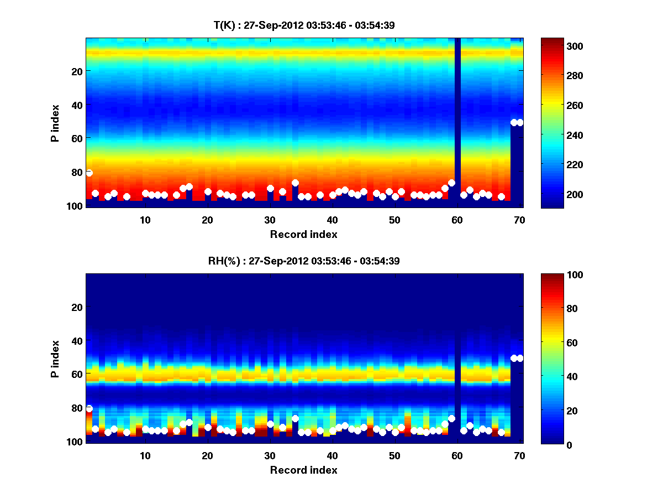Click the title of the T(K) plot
pyautogui.click(x=304, y=25)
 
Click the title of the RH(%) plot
pyautogui.click(x=304, y=261)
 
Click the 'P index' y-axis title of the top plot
pyautogui.click(x=55, y=123)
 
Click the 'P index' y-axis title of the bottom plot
pyautogui.click(x=55, y=359)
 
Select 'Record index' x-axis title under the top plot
pyautogui.click(x=304, y=234)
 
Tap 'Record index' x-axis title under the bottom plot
pyautogui.click(x=304, y=470)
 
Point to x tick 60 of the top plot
pyautogui.click(x=457, y=220)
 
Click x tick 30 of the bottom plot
pyautogui.click(x=270, y=455)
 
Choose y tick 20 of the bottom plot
pyautogui.click(x=77, y=307)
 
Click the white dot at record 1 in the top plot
pyautogui.click(x=89, y=173)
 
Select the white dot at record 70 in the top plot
pyautogui.click(x=519, y=122)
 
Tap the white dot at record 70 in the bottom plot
pyautogui.click(x=519, y=358)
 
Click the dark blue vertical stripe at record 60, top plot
pyautogui.click(x=457, y=111)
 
